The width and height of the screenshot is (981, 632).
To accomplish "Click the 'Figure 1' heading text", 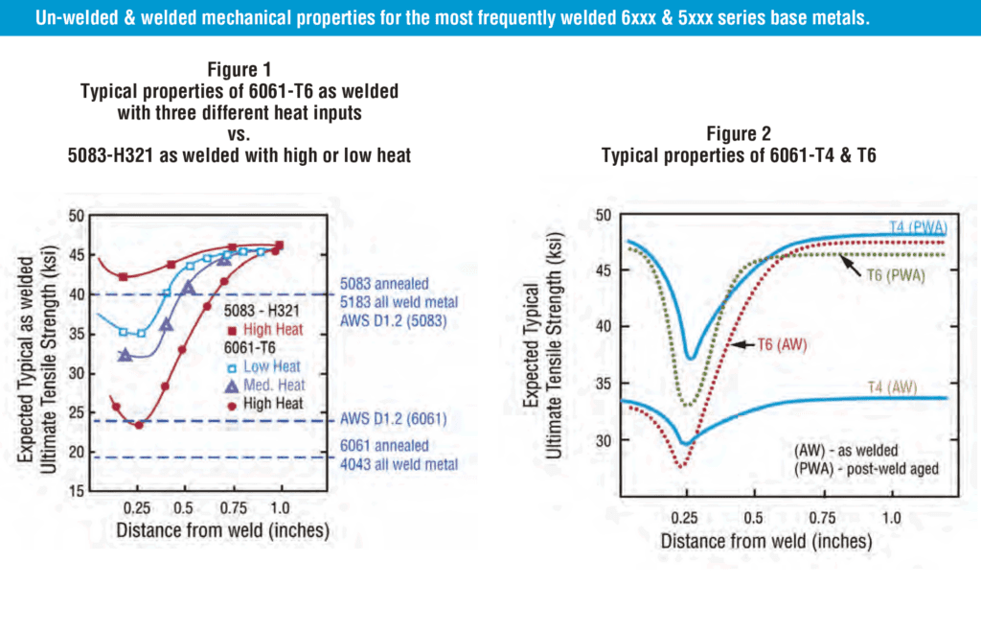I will click(x=239, y=69).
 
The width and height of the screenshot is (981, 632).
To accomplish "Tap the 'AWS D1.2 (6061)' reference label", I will click(x=393, y=419).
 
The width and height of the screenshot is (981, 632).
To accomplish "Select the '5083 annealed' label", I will click(x=384, y=284).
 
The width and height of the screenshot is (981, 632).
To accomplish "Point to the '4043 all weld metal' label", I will click(x=398, y=464).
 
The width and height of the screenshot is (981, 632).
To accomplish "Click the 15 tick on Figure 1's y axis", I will click(x=74, y=492).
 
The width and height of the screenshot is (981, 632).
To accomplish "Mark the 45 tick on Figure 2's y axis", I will click(x=604, y=270).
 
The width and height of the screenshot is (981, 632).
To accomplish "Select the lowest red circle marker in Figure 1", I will click(x=140, y=424).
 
